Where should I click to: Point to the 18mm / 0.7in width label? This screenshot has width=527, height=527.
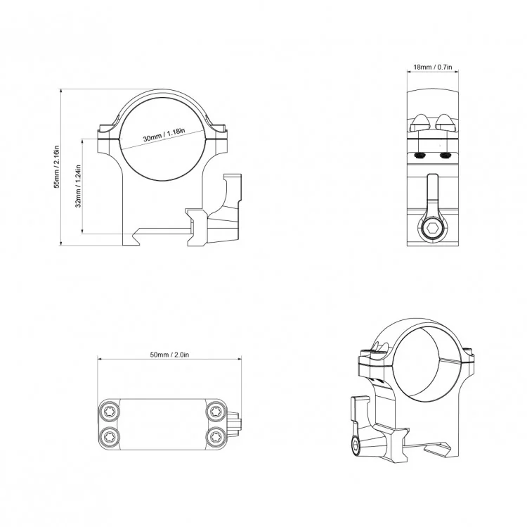pos(432,67)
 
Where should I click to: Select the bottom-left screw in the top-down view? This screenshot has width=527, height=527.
pos(110,437)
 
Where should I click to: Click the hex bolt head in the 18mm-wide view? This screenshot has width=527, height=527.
pos(432,229)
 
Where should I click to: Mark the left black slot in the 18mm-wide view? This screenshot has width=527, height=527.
pos(421,155)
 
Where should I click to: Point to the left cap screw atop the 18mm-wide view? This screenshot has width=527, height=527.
pos(420,122)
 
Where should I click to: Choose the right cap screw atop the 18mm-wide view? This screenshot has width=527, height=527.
pos(445,122)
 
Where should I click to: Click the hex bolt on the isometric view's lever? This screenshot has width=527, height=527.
pos(357,445)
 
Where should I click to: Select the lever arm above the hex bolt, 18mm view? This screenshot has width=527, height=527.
pos(432,197)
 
